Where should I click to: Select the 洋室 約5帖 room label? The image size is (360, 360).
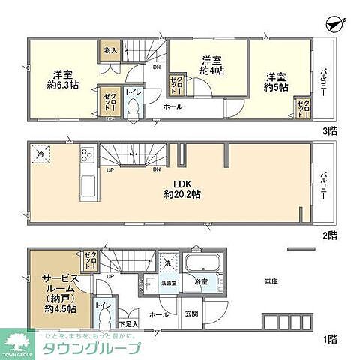pyautogui.click(x=276, y=81)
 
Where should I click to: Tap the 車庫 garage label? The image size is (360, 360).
pyautogui.click(x=271, y=283)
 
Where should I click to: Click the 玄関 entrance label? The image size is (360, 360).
pyautogui.click(x=191, y=315)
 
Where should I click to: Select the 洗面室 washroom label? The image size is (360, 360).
pyautogui.click(x=169, y=283)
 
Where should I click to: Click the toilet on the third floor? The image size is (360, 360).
pyautogui.click(x=133, y=107)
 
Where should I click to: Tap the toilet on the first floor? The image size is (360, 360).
pyautogui.click(x=103, y=319)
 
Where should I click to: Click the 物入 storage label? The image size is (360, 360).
pyautogui.click(x=109, y=51)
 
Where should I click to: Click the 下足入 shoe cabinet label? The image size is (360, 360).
pyautogui.click(x=127, y=323)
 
